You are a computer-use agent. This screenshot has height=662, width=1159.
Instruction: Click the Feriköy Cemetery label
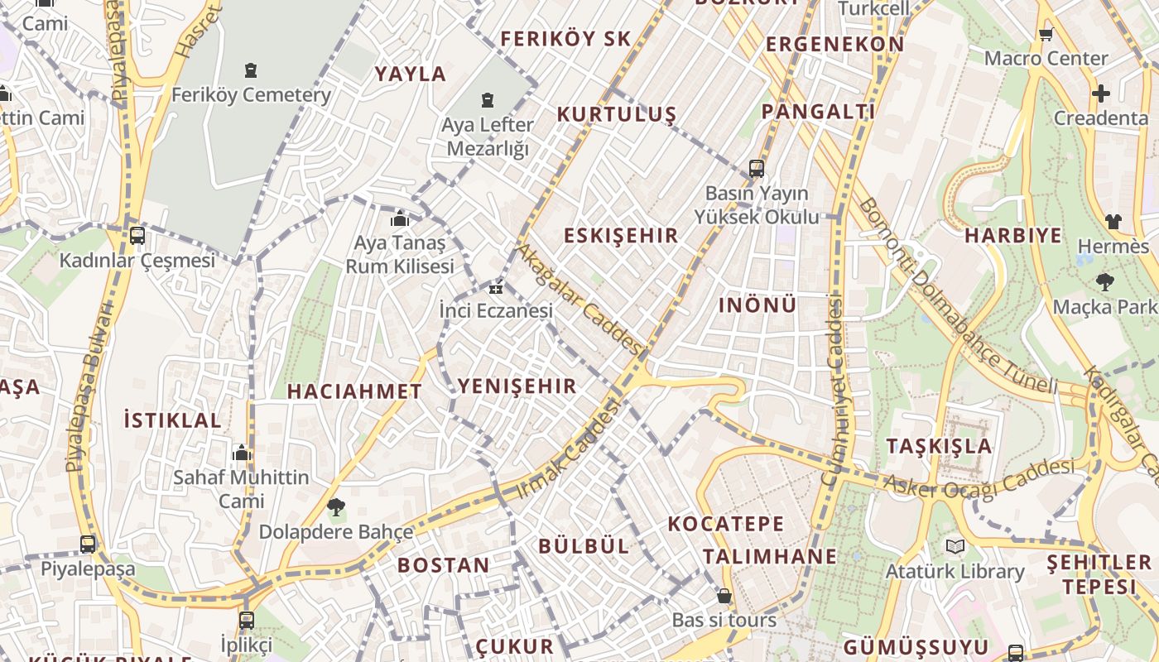251,95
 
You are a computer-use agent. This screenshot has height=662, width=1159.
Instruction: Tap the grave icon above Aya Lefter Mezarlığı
488,100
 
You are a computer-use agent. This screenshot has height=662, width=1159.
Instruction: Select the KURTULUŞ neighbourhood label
616,114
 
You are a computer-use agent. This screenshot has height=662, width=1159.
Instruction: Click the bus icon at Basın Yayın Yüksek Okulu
756,169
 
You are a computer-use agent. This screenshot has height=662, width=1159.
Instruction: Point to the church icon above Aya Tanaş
400,218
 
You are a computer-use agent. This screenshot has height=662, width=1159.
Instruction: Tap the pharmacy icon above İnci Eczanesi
496,288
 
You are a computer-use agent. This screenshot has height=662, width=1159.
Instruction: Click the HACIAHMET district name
354,391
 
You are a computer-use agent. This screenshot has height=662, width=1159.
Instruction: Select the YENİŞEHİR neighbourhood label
517,386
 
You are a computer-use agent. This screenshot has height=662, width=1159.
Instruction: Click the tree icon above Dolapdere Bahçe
335,506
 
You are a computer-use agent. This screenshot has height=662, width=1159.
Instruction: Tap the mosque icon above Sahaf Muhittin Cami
242,453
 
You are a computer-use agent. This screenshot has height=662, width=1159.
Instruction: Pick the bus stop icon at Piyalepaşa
88,544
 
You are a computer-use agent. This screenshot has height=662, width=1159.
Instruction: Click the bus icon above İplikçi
246,620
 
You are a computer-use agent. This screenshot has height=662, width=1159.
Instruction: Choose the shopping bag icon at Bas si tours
724,596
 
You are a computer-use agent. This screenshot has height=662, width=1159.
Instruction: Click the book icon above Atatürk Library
955,546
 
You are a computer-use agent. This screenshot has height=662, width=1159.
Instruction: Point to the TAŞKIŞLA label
939,446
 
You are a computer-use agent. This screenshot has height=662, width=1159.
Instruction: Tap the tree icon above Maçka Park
1104,281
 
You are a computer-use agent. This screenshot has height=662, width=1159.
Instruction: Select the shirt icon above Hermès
1113,221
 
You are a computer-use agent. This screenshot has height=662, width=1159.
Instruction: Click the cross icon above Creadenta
1100,94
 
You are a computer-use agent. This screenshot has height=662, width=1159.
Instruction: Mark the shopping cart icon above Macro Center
1046,34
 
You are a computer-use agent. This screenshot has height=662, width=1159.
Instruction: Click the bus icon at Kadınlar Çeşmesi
137,235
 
